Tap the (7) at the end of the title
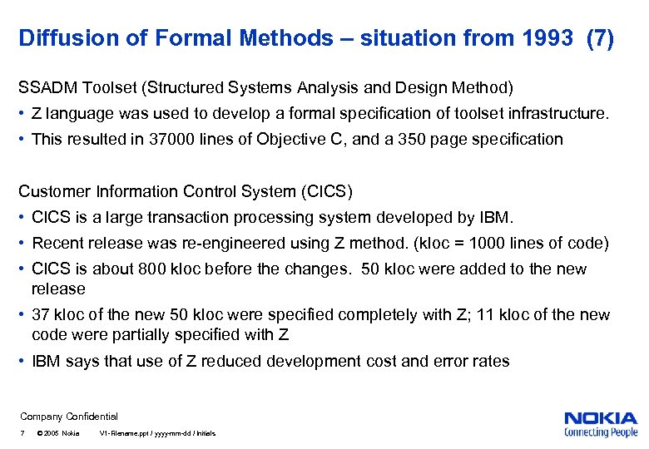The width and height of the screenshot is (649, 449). coord(600,38)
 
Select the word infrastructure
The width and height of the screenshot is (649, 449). coord(557,113)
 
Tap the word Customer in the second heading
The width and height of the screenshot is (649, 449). coord(52,191)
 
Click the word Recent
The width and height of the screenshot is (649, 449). coord(57,244)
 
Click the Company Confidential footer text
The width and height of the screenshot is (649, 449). coord(69,417)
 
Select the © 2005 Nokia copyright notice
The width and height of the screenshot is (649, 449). coord(59,434)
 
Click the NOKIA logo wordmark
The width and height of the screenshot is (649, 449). coord(601,418)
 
